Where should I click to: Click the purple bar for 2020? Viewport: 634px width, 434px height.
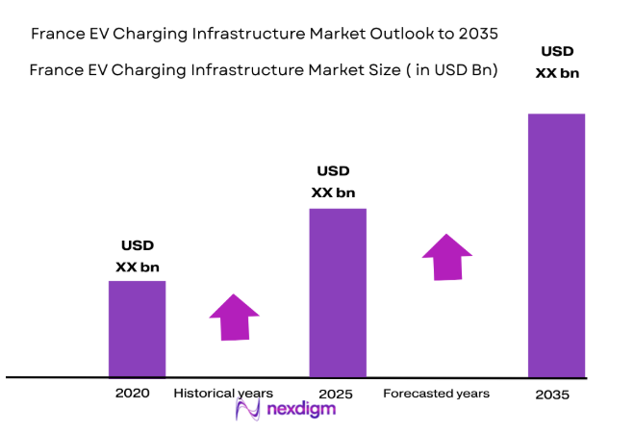(x=137, y=328)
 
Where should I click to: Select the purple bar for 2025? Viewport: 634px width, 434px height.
(x=337, y=292)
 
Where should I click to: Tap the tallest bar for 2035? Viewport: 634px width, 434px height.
(x=556, y=244)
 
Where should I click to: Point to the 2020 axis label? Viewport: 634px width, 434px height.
(x=133, y=394)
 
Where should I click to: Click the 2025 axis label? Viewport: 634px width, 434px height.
(x=336, y=395)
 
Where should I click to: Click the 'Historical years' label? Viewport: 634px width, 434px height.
(x=223, y=394)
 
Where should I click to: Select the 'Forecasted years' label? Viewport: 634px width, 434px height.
(x=436, y=394)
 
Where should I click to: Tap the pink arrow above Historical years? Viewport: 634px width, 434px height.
(x=234, y=318)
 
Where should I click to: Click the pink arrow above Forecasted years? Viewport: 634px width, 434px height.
(x=446, y=257)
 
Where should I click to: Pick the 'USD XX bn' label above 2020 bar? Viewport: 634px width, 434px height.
(x=138, y=256)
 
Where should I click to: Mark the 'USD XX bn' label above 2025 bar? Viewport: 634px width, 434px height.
(x=333, y=182)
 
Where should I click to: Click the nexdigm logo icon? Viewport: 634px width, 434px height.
(x=248, y=411)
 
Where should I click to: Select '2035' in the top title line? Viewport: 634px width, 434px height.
(x=478, y=34)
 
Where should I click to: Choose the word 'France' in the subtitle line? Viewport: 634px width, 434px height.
(x=58, y=70)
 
